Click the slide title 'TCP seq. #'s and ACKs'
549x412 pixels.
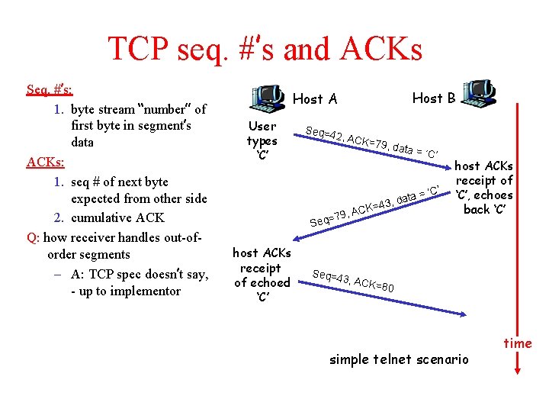265,49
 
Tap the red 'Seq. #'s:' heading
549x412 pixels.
50,89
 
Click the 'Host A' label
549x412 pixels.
315,98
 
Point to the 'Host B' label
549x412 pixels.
434,97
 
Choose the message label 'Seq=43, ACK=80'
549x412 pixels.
353,281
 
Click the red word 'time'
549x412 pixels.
518,343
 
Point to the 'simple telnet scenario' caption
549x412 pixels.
399,359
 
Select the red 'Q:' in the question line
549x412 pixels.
33,237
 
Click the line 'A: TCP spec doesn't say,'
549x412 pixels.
140,273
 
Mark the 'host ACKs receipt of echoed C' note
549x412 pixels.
262,275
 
